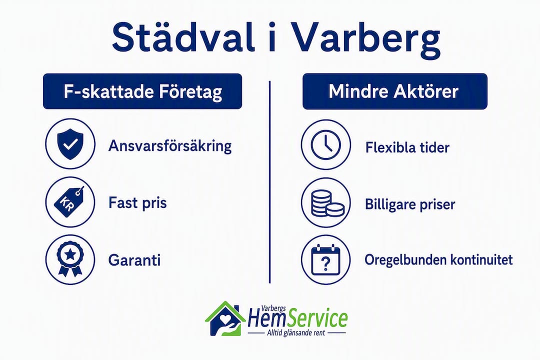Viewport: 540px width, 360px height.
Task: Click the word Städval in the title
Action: [183, 36]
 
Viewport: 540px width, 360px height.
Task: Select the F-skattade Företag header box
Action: [142, 91]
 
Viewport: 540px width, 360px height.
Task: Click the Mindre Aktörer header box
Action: [394, 91]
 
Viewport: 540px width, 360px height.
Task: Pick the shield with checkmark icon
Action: [70, 144]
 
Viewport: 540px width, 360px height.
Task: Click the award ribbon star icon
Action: [70, 259]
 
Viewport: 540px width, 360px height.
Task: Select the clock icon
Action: [326, 144]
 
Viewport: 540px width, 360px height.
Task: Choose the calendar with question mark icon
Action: [326, 260]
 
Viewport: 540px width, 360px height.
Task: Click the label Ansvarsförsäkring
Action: [170, 146]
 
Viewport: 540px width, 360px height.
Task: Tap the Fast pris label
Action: [137, 203]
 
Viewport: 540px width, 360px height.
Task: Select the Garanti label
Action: [134, 260]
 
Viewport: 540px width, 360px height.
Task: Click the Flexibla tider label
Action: [407, 148]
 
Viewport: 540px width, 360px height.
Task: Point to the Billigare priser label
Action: [410, 204]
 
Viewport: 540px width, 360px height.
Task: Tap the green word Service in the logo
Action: [317, 319]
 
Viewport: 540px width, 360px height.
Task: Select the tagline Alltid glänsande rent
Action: [296, 333]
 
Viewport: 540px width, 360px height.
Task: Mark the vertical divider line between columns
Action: [269, 182]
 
